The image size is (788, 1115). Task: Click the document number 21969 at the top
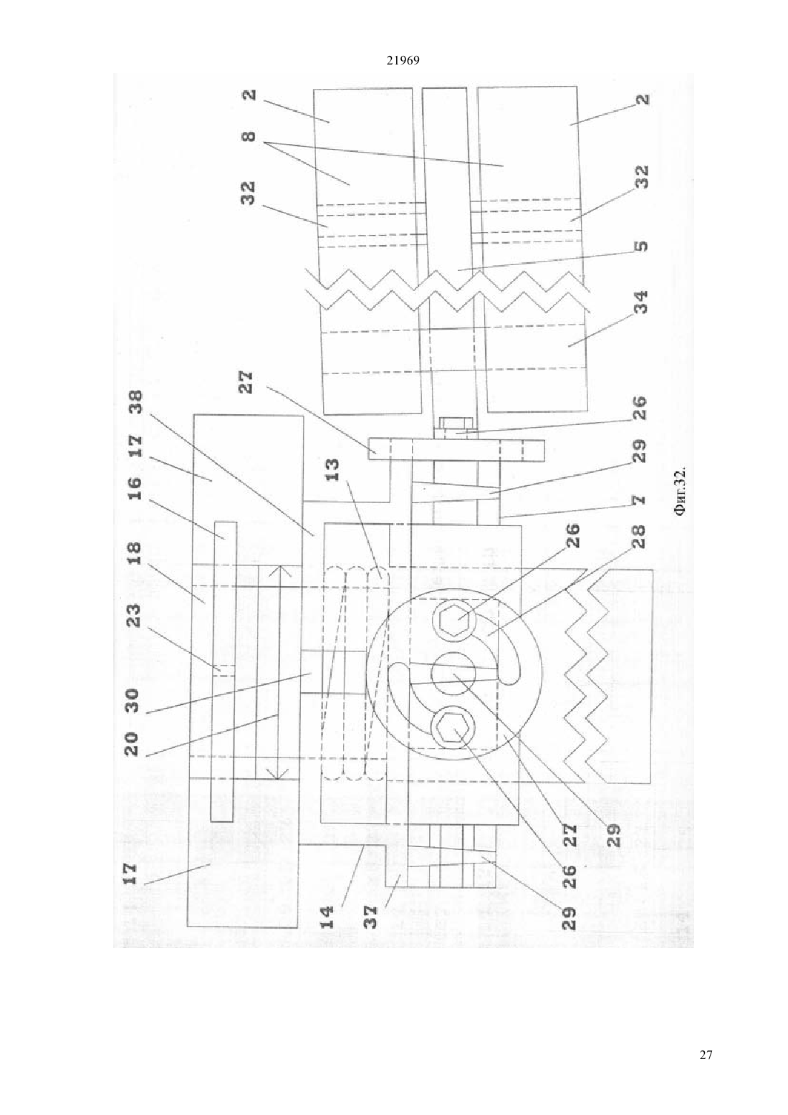click(403, 61)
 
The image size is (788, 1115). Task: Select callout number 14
click(327, 917)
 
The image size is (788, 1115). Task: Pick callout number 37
click(370, 917)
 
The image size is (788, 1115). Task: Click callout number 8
click(249, 135)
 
